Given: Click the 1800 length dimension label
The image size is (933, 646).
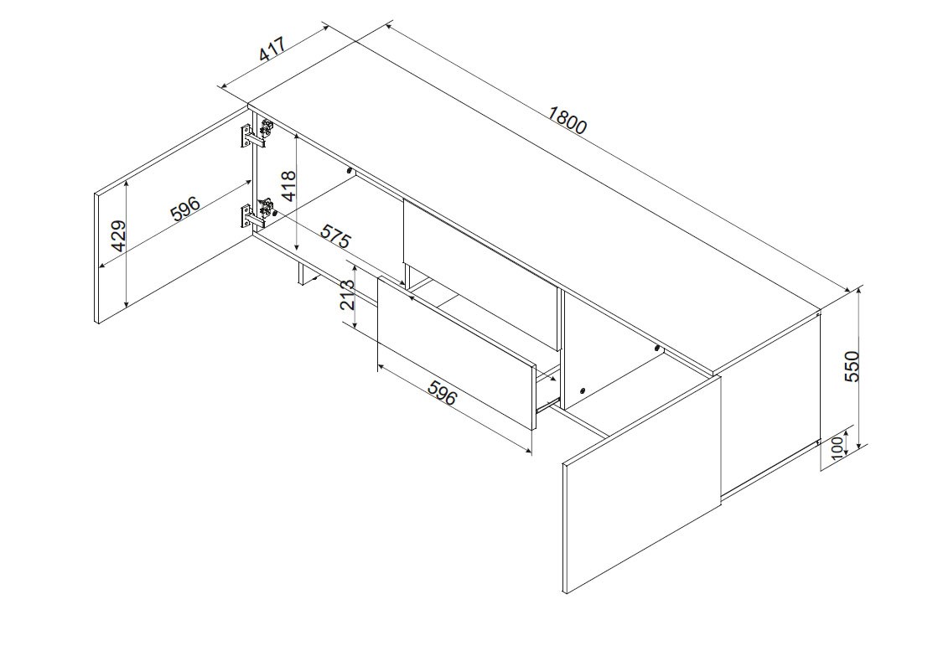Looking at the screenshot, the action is pos(568,120).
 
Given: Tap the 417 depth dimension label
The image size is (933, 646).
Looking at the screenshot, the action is pos(272,49).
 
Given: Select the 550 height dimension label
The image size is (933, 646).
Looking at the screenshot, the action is pos(852,366).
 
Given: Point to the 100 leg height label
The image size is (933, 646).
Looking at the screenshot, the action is pos(837,447).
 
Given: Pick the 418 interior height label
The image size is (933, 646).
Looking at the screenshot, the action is pos(288,186).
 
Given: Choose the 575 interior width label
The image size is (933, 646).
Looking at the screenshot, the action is pos(336,235).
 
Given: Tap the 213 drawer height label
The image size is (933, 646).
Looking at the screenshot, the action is pos(348,295).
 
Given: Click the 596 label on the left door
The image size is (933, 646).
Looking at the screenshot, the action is pos(185,208).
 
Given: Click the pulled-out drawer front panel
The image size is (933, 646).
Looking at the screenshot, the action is pos(457,352).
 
